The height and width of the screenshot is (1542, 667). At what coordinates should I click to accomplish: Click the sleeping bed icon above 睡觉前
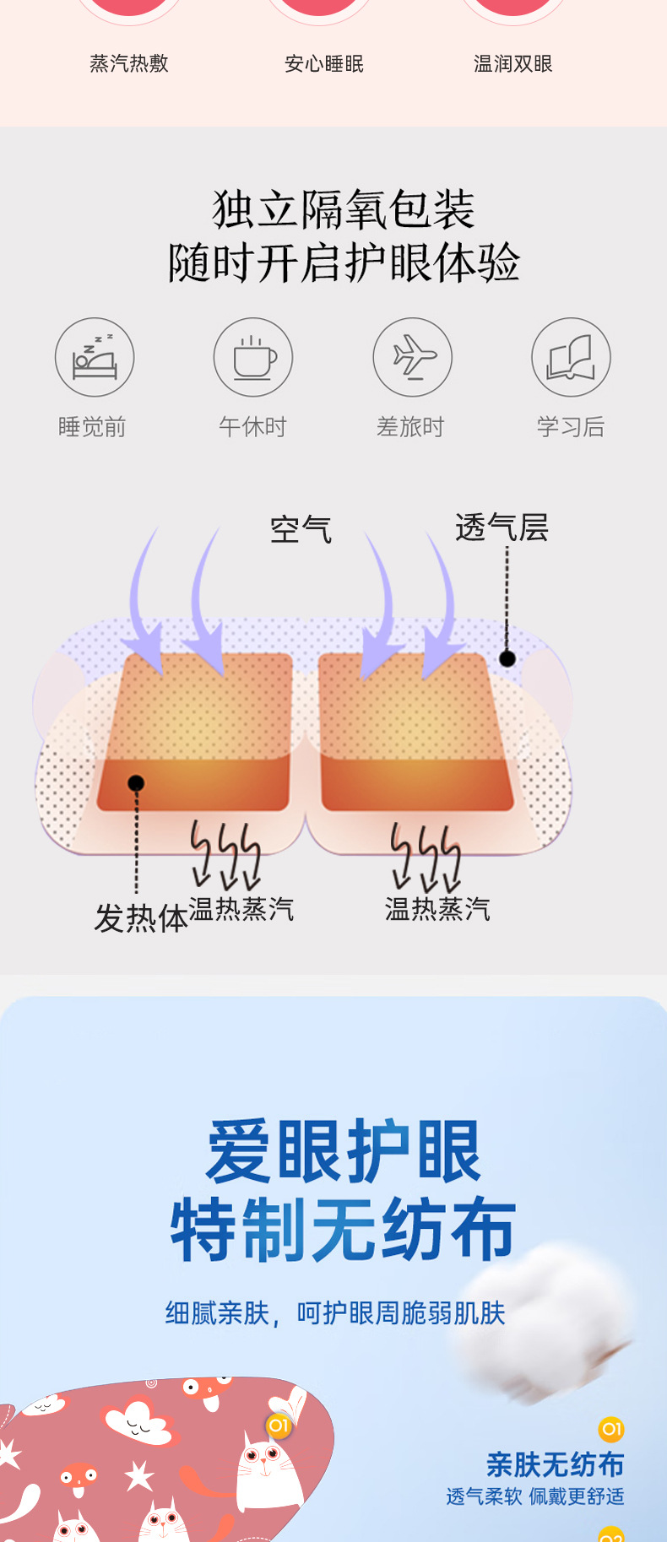tap(95, 358)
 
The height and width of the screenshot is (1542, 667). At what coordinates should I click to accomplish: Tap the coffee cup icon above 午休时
tap(253, 358)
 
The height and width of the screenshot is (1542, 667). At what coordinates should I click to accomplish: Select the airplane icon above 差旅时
tap(413, 358)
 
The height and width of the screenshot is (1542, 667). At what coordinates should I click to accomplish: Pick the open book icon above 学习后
tap(571, 358)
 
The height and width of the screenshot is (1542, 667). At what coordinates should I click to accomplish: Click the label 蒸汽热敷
tap(129, 64)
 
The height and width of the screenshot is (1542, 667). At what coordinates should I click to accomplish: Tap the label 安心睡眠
tap(324, 64)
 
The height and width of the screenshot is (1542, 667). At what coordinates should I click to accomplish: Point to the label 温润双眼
tap(513, 64)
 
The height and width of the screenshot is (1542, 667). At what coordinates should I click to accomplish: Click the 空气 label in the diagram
tap(301, 530)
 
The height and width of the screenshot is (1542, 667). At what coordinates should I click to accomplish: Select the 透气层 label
tap(502, 528)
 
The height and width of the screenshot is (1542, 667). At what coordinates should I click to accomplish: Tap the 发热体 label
tap(140, 918)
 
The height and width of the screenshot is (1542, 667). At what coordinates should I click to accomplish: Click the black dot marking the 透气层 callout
tap(507, 658)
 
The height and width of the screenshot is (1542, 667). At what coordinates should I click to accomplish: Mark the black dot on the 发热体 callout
tap(136, 783)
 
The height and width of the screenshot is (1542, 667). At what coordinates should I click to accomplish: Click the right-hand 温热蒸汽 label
tap(437, 909)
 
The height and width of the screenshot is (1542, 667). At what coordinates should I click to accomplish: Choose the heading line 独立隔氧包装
tap(343, 209)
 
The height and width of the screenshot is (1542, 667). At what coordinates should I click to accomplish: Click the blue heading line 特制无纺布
tap(343, 1230)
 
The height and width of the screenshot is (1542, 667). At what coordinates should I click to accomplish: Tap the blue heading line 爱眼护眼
tap(343, 1152)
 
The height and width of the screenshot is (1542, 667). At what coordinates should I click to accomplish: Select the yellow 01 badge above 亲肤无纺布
tap(611, 1429)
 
